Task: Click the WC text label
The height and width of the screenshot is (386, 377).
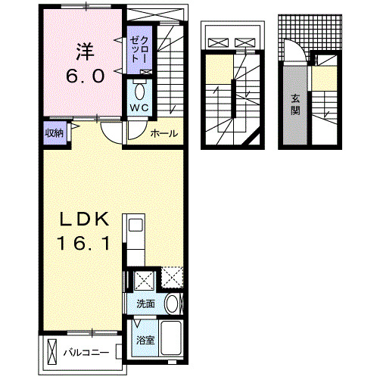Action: [139, 108]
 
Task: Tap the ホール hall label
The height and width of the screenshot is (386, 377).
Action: [164, 134]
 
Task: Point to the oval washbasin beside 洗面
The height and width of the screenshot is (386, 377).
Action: [173, 305]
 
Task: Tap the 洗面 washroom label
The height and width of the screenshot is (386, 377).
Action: [145, 304]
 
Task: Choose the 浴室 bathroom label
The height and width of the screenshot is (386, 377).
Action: [145, 340]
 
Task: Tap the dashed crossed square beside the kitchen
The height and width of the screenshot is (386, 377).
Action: [172, 279]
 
